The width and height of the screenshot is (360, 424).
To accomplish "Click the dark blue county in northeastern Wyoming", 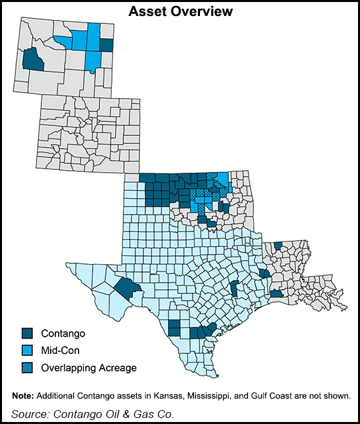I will tap(107, 45).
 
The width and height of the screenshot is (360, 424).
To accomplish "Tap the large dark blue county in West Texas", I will tap(125, 289).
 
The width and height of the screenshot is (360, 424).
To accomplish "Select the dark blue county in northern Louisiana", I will tap(278, 246).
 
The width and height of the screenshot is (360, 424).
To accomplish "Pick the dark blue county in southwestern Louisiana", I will tap(276, 294).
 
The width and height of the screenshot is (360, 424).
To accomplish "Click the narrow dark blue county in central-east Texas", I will tap(234, 288).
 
